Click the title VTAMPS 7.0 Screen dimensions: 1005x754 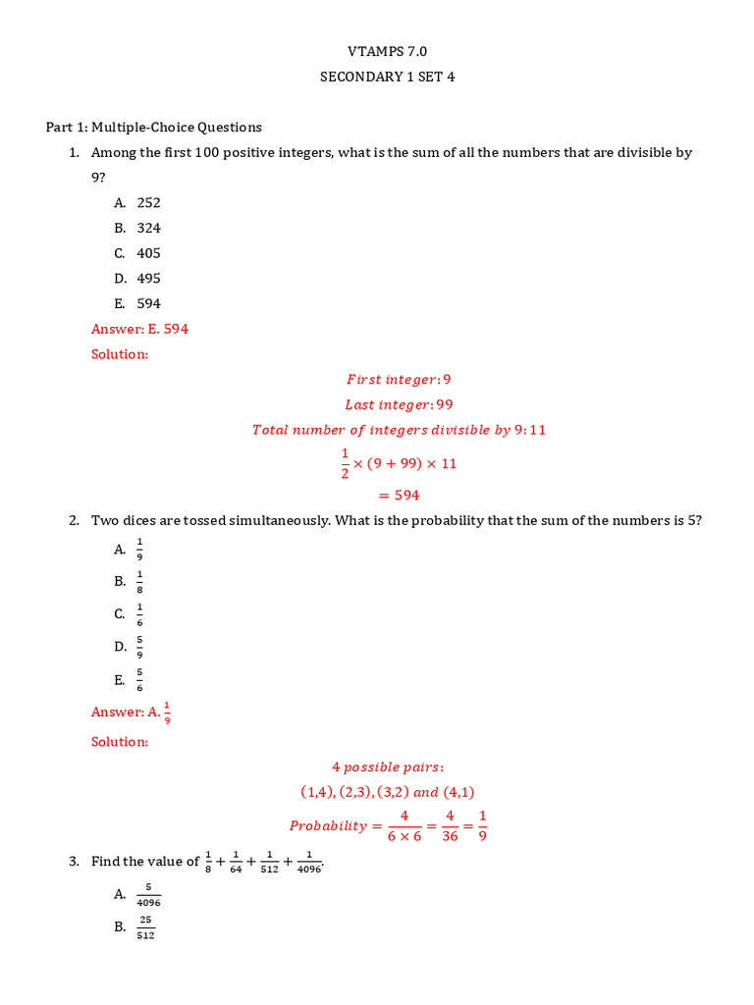[x=388, y=51]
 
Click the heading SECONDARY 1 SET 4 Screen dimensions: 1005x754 [x=388, y=77]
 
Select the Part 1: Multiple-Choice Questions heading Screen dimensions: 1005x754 [x=154, y=127]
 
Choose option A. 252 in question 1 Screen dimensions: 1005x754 [x=137, y=202]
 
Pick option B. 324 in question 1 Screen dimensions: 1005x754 [x=137, y=228]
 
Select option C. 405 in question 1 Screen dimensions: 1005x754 [x=137, y=253]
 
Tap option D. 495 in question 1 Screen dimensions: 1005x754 [x=137, y=279]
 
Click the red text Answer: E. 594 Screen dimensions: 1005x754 [x=139, y=329]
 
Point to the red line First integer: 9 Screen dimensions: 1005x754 [x=399, y=379]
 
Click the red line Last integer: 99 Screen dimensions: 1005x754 [x=399, y=404]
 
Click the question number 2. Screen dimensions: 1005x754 [x=74, y=520]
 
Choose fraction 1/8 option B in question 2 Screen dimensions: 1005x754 [x=139, y=581]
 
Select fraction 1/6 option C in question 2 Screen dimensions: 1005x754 [x=139, y=614]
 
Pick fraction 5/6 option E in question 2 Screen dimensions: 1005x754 [x=139, y=680]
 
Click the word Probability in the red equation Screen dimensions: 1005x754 [x=328, y=826]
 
